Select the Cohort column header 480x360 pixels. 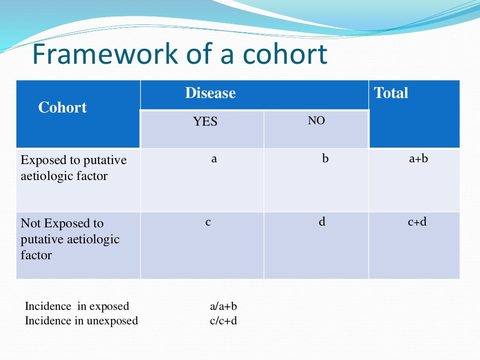[62, 108]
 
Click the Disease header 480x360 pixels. [210, 93]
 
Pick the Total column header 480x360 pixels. [391, 93]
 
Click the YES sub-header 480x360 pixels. [205, 122]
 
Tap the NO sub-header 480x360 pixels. [316, 121]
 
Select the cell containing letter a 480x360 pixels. [214, 159]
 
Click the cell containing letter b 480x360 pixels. [325, 159]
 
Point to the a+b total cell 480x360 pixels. [418, 159]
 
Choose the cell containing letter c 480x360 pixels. [208, 222]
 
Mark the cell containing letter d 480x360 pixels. [322, 222]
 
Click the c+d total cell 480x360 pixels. [417, 222]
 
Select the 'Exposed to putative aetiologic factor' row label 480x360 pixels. [74, 168]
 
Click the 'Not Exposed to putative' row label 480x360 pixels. [70, 239]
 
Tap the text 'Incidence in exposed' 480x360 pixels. [77, 307]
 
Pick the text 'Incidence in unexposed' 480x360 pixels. [82, 321]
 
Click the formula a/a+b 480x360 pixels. [224, 307]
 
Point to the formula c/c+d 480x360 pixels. [224, 321]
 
